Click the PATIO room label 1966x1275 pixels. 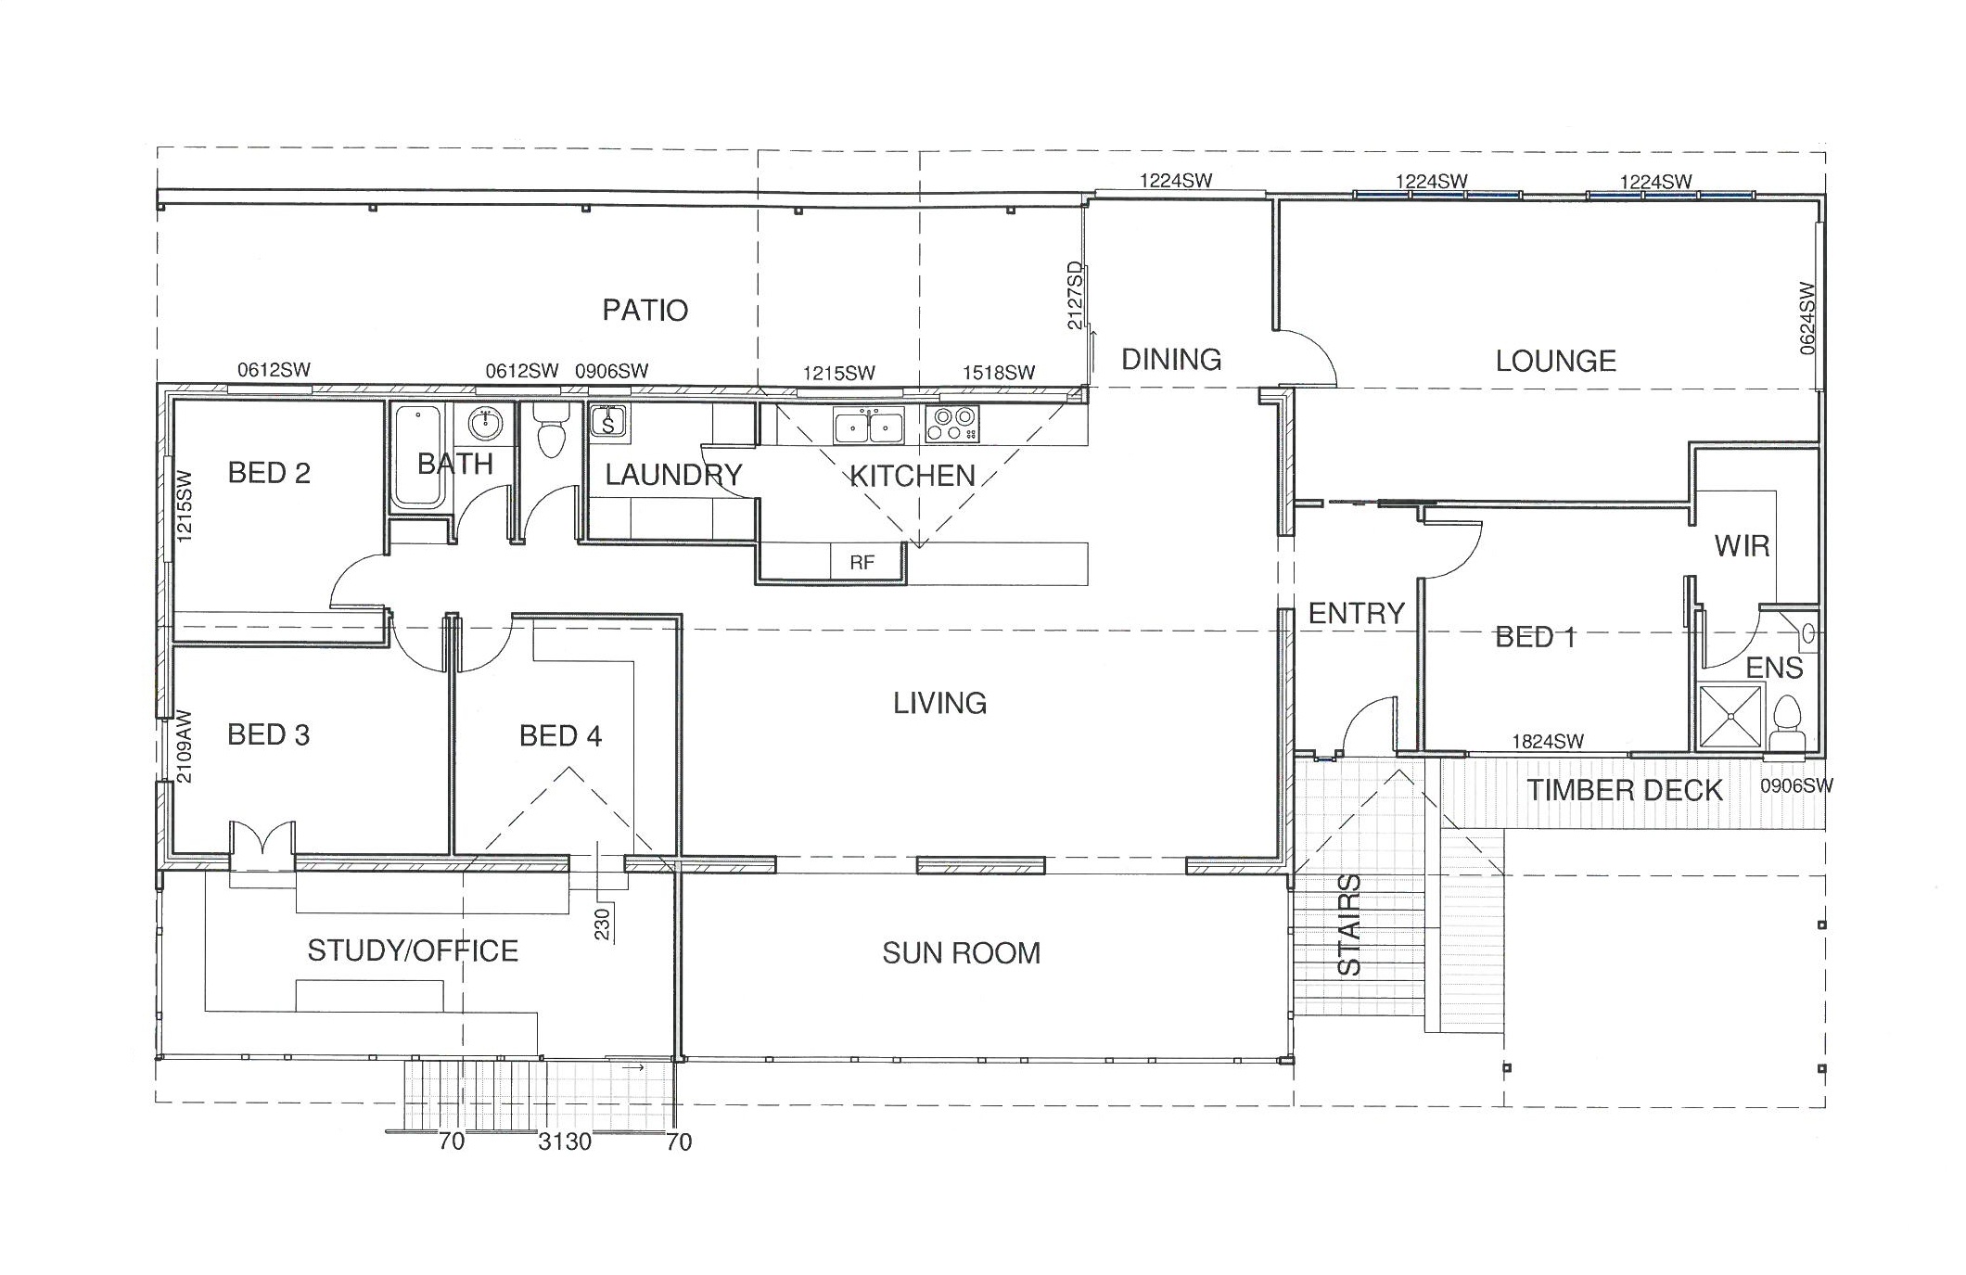[645, 310]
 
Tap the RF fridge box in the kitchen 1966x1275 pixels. [862, 562]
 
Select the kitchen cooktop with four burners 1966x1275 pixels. [951, 424]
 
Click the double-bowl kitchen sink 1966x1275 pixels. [869, 427]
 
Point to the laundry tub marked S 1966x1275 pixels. [608, 422]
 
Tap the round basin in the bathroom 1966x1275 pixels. [485, 424]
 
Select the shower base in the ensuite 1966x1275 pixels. [1731, 716]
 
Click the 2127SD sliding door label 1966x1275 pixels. [1075, 296]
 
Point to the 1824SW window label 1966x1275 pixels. [1548, 741]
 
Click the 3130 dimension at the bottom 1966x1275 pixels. [565, 1141]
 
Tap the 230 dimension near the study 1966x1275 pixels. [602, 924]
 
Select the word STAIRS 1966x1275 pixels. [1350, 924]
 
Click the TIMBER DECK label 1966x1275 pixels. [1625, 791]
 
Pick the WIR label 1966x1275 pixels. [1743, 546]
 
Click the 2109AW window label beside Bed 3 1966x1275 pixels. [184, 747]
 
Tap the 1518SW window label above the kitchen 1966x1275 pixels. [999, 373]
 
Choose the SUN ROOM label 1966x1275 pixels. [962, 953]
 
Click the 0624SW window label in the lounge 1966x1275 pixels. [1807, 318]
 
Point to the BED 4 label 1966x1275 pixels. [560, 736]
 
